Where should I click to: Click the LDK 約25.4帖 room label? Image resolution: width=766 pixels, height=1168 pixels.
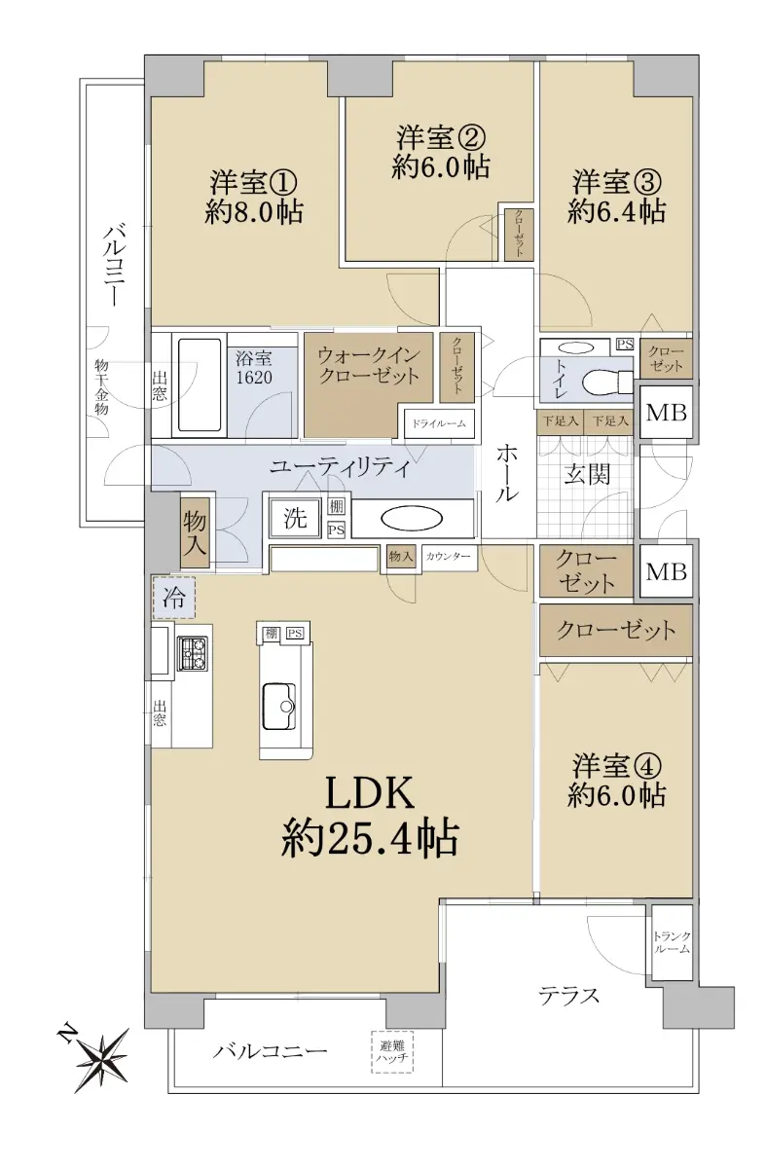(370, 815)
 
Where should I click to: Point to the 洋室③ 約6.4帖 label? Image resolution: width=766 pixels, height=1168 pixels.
(616, 196)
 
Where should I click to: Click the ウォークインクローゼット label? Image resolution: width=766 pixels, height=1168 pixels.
(369, 366)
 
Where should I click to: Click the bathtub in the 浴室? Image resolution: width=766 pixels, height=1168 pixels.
(200, 384)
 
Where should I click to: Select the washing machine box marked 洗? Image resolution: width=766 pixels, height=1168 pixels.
(295, 517)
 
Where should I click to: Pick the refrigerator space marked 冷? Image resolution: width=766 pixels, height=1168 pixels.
(173, 597)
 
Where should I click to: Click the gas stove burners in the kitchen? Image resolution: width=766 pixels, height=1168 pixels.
(192, 653)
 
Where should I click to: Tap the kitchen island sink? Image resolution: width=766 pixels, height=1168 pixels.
(279, 707)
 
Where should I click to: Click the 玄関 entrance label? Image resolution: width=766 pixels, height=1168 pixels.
(587, 475)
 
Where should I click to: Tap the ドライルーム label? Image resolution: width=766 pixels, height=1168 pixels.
(439, 423)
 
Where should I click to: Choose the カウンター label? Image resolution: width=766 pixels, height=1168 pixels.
(448, 557)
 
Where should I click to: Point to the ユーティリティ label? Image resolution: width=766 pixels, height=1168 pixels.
(340, 468)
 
